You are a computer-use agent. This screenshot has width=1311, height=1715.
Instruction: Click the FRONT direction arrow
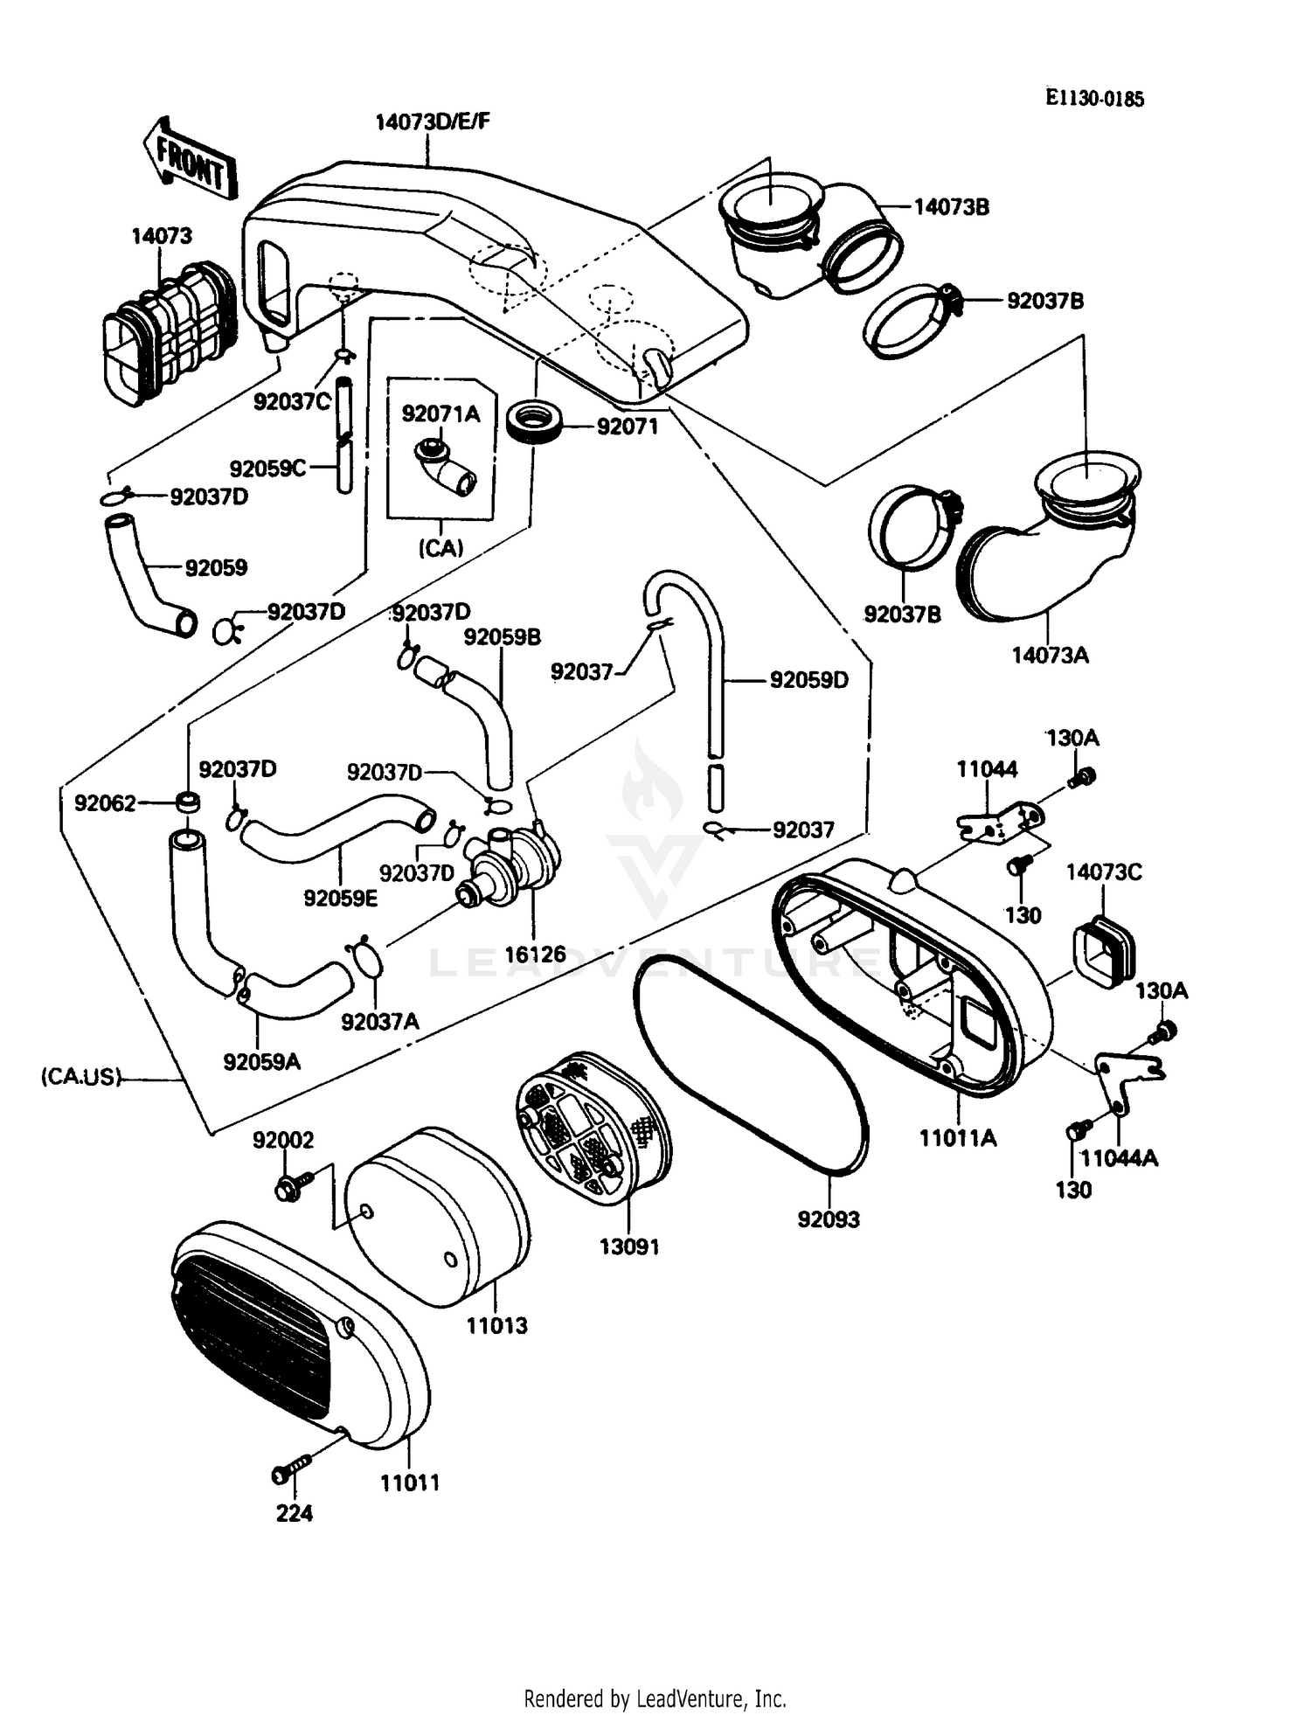[191, 160]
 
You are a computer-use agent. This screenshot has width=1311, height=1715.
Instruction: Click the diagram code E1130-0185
[1094, 98]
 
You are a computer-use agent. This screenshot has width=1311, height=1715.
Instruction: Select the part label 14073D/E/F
[432, 122]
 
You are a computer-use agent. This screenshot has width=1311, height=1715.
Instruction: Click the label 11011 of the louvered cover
[409, 1482]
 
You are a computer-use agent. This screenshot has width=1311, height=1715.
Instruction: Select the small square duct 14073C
[1102, 951]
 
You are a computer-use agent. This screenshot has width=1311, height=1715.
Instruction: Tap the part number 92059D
[808, 679]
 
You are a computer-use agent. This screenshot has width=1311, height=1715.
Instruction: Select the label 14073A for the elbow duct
[1050, 655]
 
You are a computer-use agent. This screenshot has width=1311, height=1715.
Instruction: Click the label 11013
[496, 1325]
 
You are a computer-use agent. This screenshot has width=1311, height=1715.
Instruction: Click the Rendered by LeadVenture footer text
[655, 1698]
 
